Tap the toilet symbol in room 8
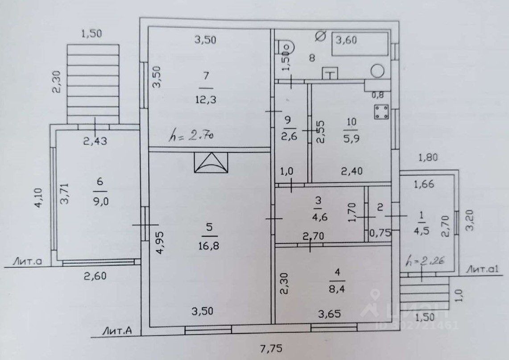[284, 47]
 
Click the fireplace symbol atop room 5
[211, 162]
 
